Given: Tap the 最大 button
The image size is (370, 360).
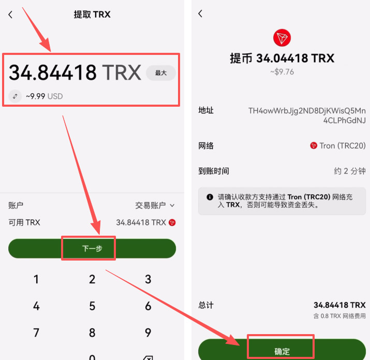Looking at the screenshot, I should [x=160, y=73].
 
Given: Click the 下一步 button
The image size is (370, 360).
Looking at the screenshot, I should [x=92, y=249].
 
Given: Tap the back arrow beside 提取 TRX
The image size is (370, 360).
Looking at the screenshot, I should [x=10, y=15].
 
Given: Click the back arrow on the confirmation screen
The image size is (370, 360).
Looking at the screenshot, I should [x=200, y=14].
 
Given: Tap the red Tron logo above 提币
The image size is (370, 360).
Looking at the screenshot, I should [x=282, y=37].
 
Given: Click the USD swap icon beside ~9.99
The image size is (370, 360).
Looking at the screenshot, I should [x=15, y=96].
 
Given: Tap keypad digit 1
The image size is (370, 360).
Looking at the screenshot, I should [x=36, y=280].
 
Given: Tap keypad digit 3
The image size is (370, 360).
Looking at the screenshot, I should [x=148, y=280].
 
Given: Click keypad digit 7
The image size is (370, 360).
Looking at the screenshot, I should [x=36, y=333].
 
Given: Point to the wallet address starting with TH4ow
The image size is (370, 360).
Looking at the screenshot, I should [x=307, y=116].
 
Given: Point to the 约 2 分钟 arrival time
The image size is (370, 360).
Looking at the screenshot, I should [x=350, y=171].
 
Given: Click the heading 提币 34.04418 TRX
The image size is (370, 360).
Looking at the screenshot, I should [x=282, y=58].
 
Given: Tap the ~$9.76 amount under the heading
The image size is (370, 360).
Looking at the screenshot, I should [x=282, y=72].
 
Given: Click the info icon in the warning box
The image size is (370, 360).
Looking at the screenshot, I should [x=210, y=197].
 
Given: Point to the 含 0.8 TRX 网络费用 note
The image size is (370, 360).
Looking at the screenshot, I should [x=339, y=315].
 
